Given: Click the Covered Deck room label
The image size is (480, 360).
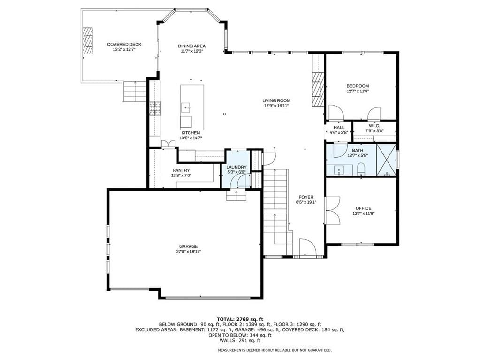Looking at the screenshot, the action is (124, 45).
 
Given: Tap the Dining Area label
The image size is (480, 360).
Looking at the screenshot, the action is (191, 46).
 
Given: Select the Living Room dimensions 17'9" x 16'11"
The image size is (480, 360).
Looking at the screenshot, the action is (276, 106).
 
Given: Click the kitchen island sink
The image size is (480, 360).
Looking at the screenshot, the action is (186, 108).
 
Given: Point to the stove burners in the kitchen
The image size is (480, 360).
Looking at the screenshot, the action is (155, 108).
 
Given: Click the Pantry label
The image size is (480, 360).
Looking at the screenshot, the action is (181, 170).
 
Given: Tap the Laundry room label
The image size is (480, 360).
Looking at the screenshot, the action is (236, 167).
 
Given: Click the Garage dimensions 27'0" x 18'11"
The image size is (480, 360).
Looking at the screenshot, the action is (188, 252).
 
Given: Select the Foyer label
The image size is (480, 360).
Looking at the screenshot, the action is (306, 197).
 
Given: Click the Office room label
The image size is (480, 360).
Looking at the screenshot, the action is (363, 208).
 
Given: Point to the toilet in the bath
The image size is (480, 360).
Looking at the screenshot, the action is (361, 169).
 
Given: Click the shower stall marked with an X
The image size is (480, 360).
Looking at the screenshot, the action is (386, 160).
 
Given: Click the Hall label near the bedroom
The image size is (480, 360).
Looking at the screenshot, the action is (339, 127).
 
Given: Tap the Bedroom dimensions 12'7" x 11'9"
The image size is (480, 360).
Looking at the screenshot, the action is (358, 91).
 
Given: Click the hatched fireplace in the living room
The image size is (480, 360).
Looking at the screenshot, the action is (318, 89).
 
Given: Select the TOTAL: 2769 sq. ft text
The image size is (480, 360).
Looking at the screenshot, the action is (240, 319).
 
